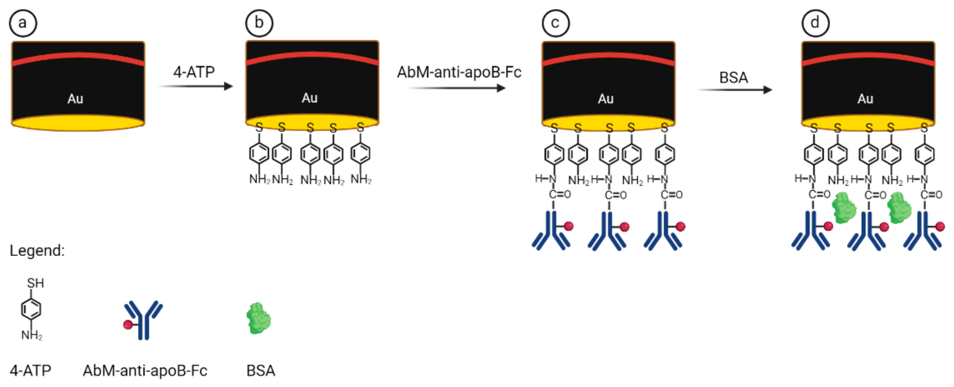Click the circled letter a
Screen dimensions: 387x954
coord(23,23)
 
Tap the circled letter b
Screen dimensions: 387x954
coord(259,23)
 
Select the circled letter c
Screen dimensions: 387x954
coord(555,23)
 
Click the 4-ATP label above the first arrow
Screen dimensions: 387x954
coord(194,72)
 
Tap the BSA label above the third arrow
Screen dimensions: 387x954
coord(733,77)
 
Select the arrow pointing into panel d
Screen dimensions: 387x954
coord(735,90)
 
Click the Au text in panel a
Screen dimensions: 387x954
coord(75,99)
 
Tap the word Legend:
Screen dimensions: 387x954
coord(37,251)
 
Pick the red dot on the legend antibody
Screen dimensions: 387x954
coord(128,325)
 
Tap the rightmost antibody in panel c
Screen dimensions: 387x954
coord(664,231)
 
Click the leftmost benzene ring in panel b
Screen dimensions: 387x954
coord(259,153)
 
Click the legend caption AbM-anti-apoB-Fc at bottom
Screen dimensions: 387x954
coord(145,370)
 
